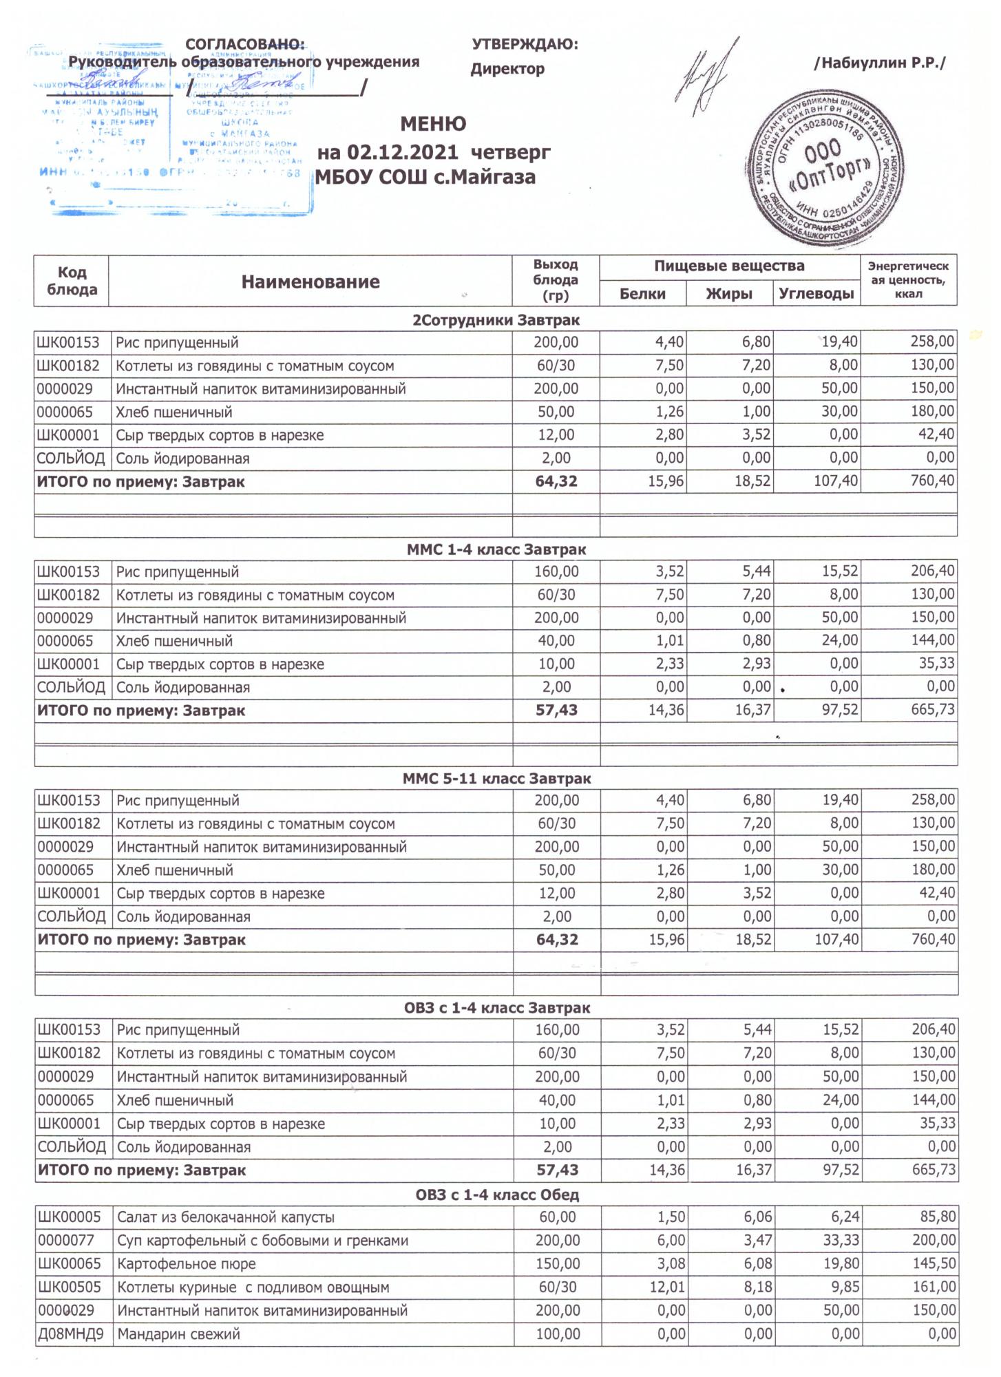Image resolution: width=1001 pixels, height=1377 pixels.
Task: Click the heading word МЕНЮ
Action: click(433, 124)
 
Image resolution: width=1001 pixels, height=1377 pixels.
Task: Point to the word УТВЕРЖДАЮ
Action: click(525, 45)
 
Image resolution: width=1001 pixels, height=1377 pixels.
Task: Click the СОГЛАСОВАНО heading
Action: click(244, 45)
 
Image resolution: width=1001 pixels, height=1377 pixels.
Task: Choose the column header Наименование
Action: click(310, 282)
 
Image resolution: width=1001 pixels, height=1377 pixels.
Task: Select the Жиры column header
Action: click(729, 294)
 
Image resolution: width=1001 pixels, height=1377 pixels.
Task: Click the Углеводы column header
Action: click(816, 294)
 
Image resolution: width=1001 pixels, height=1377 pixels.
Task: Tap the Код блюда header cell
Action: click(72, 281)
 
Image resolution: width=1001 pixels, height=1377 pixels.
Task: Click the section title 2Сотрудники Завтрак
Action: click(496, 320)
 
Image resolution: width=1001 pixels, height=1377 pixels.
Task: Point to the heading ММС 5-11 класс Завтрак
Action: click(496, 779)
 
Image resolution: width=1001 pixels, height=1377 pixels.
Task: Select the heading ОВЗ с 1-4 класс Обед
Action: click(496, 1195)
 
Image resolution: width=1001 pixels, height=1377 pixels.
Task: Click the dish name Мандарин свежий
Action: click(179, 1334)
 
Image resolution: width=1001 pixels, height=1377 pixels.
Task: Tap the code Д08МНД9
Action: click(71, 1334)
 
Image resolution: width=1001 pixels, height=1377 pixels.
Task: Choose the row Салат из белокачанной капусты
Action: click(226, 1217)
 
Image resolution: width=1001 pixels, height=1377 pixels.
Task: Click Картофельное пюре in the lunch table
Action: click(186, 1264)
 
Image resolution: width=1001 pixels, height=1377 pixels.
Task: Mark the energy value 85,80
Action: click(938, 1217)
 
